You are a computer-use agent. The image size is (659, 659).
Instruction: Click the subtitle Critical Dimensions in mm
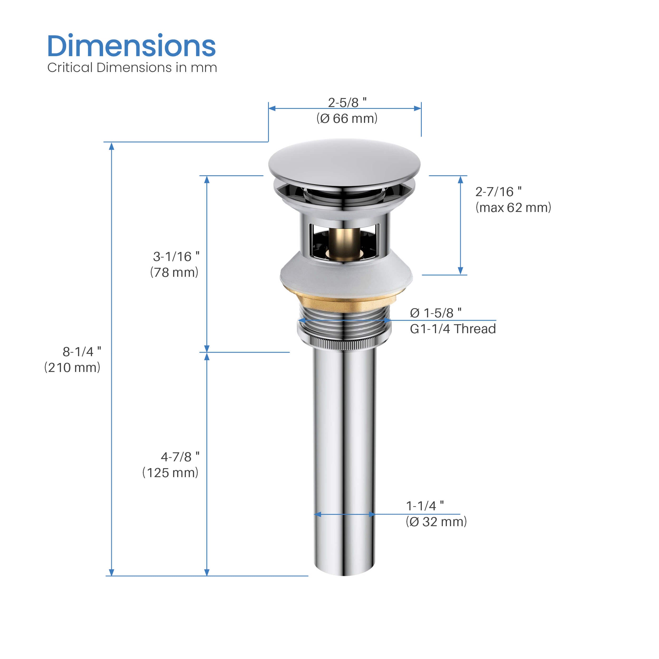pyautogui.click(x=132, y=67)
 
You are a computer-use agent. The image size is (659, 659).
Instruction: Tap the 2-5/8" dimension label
pyautogui.click(x=347, y=102)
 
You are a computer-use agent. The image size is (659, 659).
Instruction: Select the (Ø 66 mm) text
pyautogui.click(x=347, y=119)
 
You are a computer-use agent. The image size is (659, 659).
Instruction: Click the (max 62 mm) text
pyautogui.click(x=513, y=207)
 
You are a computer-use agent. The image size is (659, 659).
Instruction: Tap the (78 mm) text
pyautogui.click(x=174, y=272)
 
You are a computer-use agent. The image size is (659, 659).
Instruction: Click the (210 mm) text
pyautogui.click(x=72, y=367)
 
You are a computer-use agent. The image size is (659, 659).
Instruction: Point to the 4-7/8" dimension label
pyautogui.click(x=180, y=457)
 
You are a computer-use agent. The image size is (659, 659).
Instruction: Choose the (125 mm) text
pyautogui.click(x=170, y=473)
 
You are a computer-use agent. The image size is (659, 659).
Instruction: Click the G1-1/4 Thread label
pyautogui.click(x=453, y=329)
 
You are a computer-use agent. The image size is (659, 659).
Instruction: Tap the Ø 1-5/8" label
pyautogui.click(x=435, y=313)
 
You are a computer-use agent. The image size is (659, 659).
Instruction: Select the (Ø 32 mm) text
pyautogui.click(x=436, y=522)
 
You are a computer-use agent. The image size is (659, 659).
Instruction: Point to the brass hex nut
pyautogui.click(x=345, y=302)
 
